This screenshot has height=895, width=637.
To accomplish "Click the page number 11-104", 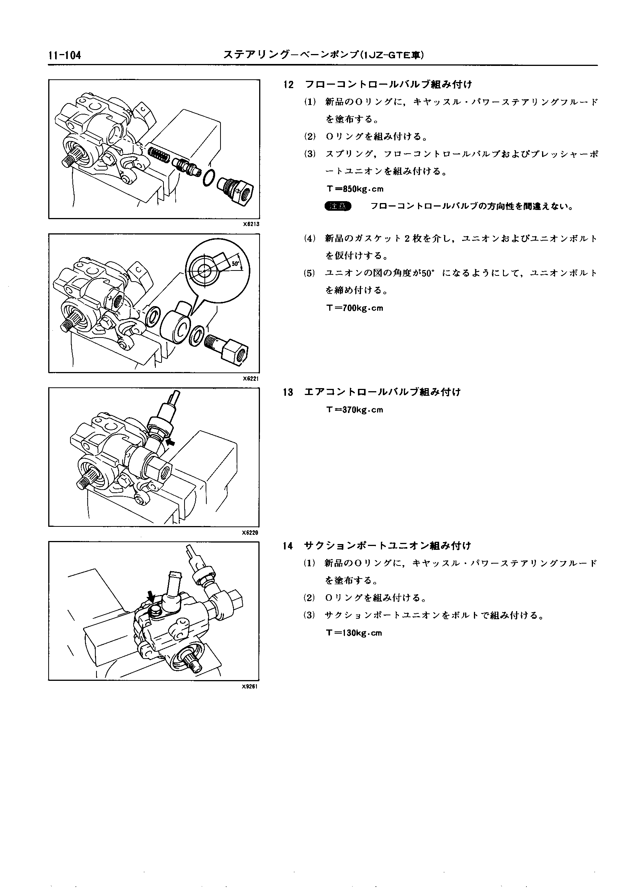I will coord(65,56).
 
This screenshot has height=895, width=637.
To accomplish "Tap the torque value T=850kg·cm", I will coord(355,189).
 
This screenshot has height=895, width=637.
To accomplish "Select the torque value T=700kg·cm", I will coord(354,308).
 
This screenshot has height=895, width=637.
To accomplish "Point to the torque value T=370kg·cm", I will coord(354,410).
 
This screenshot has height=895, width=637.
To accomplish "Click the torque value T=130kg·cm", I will coord(354,633).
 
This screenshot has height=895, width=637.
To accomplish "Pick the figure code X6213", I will coord(251,225).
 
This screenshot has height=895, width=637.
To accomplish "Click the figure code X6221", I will coord(251,379).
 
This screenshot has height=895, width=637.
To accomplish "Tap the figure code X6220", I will coord(251,533).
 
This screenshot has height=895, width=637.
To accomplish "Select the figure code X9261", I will coord(251,687).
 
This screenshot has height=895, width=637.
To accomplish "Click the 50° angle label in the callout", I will coord(235,264).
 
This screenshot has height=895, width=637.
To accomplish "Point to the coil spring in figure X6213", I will coord(159,156).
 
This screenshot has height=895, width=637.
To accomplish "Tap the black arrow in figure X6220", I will coord(171,443).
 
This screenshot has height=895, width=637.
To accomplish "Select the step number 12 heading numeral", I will coord(288,84).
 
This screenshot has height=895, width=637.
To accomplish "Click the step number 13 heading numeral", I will coord(288,392).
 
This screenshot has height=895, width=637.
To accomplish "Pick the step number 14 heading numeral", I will coord(288,546).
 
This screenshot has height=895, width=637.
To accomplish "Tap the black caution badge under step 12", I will coord(338,207).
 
